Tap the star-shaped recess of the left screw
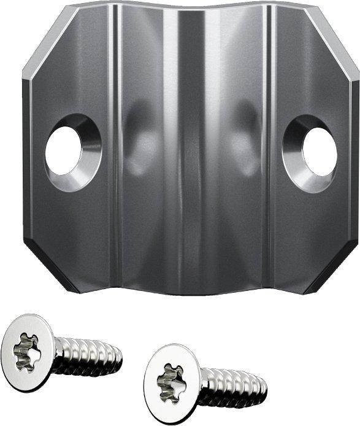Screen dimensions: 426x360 [28, 351]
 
